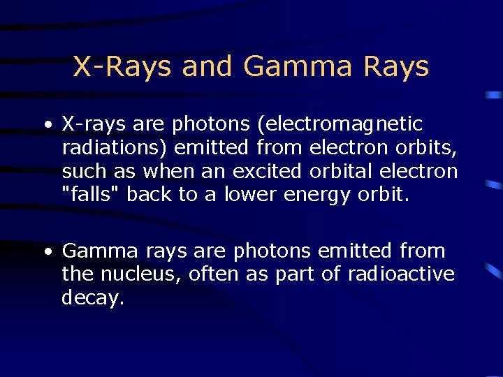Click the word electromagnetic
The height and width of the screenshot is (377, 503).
tap(340, 125)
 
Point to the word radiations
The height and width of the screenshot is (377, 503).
tap(115, 148)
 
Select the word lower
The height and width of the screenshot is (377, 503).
tap(251, 195)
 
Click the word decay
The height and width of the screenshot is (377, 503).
tap(92, 299)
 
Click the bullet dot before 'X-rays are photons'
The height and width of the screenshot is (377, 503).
tap(46, 126)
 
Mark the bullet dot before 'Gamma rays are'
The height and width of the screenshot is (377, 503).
tap(46, 251)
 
